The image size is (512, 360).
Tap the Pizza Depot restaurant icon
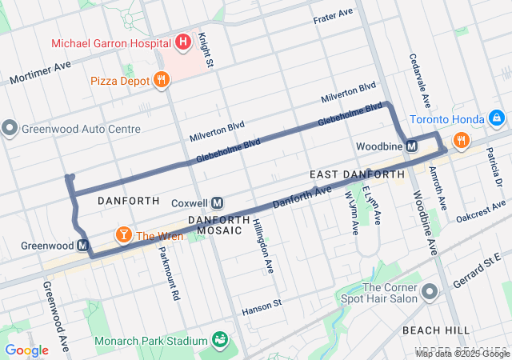[162, 79]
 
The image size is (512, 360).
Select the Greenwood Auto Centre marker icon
[10, 128]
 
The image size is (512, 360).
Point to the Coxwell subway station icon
[217, 202]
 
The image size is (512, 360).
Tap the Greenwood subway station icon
[82, 246]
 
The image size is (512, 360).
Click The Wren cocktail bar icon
[124, 235]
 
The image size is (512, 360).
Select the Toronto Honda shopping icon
[497, 119]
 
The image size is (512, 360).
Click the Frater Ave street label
[334, 15]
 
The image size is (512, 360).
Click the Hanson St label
[262, 304]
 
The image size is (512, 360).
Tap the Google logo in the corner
[26, 350]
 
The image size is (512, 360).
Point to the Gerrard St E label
[480, 269]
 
